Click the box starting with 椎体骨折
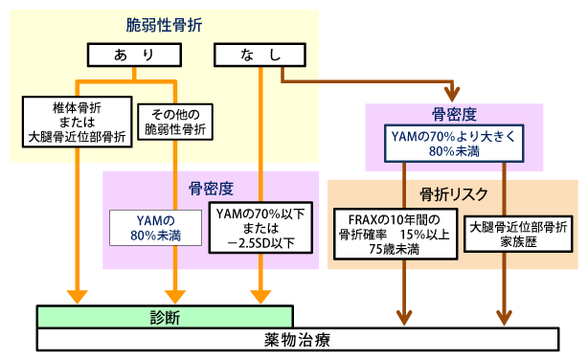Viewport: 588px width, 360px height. (x=77, y=123)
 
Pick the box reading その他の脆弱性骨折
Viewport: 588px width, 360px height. (x=176, y=123)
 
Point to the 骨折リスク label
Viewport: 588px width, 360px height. (x=453, y=194)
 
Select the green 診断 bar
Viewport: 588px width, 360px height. (x=165, y=317)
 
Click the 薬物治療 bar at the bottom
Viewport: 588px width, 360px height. (x=296, y=340)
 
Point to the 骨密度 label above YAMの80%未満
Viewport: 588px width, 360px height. (x=211, y=188)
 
